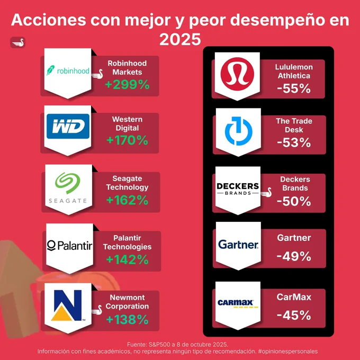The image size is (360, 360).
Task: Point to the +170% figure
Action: tap(127, 140)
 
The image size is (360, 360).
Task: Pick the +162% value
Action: tap(127, 200)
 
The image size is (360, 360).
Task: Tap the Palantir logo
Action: tap(69, 246)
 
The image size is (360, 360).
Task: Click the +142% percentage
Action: tap(127, 259)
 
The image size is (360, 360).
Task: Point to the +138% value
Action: tap(127, 319)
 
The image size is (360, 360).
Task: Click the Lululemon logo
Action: tap(237, 74)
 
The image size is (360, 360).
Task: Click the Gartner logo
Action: tap(238, 245)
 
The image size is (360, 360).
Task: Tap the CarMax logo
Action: tap(237, 303)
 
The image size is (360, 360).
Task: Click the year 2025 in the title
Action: tap(180, 39)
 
